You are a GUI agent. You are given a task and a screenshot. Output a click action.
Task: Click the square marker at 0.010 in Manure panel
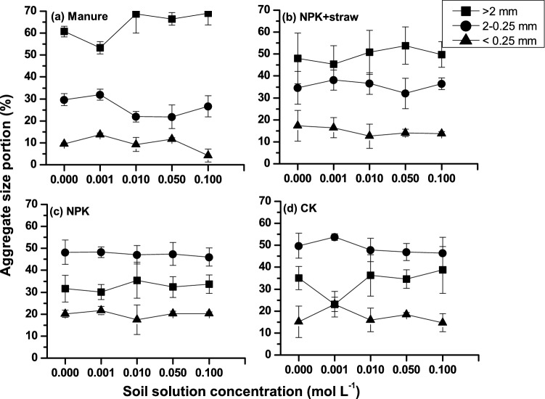tap(135, 15)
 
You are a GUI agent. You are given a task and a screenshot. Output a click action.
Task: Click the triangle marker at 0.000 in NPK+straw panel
tap(298, 126)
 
